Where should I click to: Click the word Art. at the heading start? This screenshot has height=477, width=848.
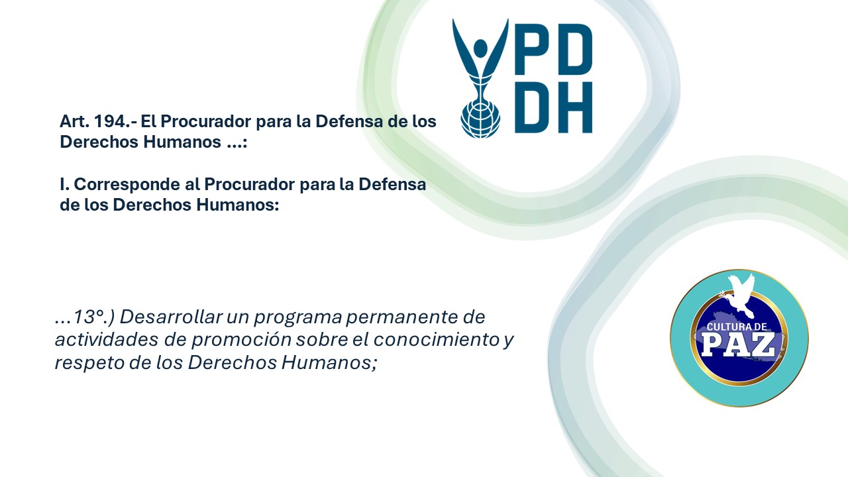(75, 121)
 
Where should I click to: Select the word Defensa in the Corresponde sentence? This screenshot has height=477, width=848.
(392, 184)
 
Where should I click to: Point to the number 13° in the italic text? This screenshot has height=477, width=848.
(90, 317)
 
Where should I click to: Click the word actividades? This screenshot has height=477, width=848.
(107, 340)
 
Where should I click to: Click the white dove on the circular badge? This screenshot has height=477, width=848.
(740, 295)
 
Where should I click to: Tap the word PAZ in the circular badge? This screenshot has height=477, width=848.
(739, 344)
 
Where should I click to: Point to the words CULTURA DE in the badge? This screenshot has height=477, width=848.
(737, 327)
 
